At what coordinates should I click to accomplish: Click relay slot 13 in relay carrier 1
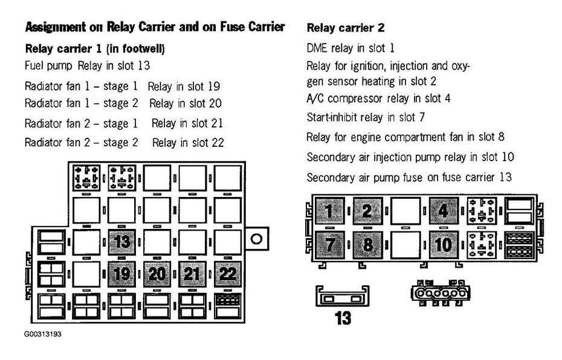coord(123,242)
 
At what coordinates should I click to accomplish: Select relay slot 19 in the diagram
coord(123,274)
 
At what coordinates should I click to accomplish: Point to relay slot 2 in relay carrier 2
coord(366,211)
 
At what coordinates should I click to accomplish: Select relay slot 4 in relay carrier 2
coord(444,211)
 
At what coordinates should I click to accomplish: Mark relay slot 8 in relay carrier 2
coord(366,245)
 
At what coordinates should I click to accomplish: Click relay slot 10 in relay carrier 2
coord(444,245)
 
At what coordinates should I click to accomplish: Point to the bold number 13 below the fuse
coord(343,318)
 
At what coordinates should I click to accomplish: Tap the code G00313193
coord(43,333)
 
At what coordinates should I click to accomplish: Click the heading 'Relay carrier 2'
coord(346,28)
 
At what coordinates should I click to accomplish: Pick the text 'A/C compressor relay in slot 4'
coord(378,98)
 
